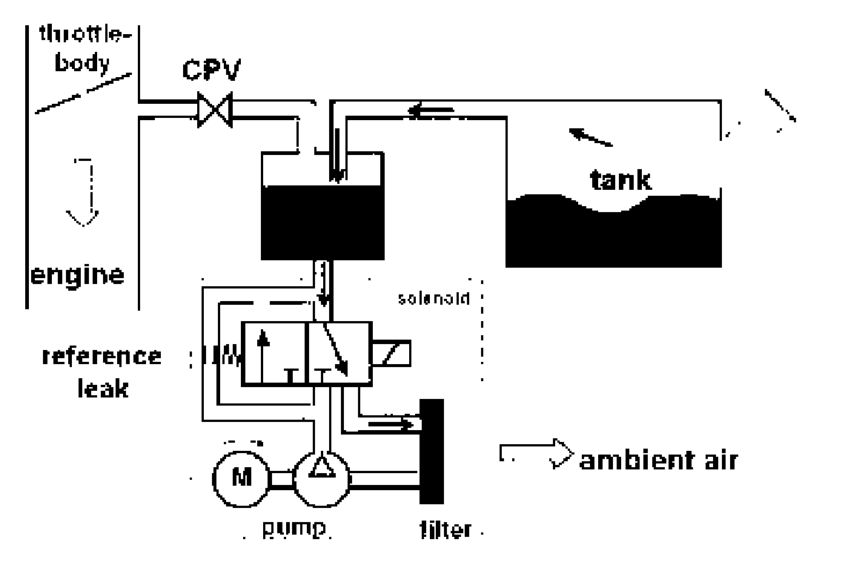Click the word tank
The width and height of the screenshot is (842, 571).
coord(621,179)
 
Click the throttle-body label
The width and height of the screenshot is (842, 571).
coord(82,45)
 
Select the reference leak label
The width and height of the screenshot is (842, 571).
coord(102,370)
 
